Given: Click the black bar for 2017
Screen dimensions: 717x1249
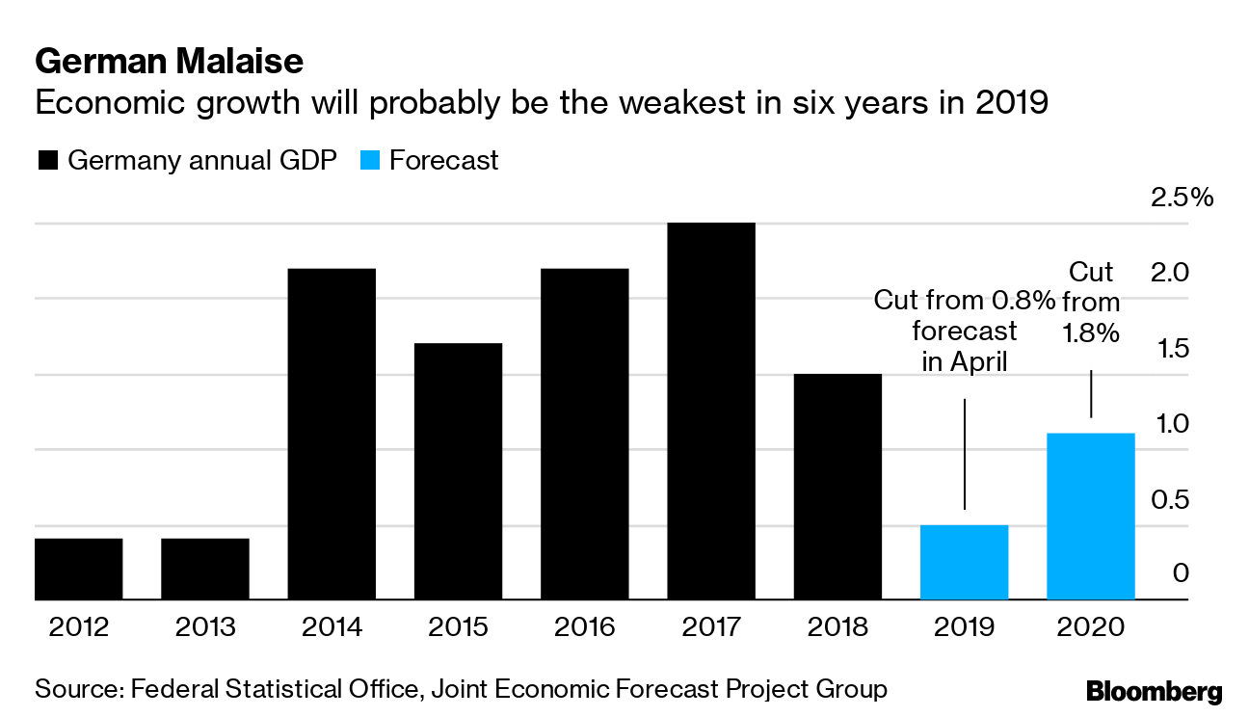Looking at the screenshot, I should pyautogui.click(x=711, y=412).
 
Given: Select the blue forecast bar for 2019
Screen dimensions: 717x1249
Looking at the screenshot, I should pyautogui.click(x=965, y=562).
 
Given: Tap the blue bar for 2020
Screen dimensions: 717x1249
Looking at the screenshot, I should pyautogui.click(x=1091, y=517).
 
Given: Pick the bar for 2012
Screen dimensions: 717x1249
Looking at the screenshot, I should pyautogui.click(x=78, y=569).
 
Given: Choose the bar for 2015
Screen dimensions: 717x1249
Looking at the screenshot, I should pyautogui.click(x=458, y=471).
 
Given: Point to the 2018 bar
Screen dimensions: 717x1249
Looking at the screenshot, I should pyautogui.click(x=837, y=487).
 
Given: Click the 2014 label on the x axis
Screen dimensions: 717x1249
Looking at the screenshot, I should pyautogui.click(x=332, y=627).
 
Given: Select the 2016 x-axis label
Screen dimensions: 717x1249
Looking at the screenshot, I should pyautogui.click(x=585, y=627).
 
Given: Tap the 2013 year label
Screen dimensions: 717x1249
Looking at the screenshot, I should pyautogui.click(x=205, y=627).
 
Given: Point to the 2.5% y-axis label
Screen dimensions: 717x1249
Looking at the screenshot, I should pyautogui.click(x=1181, y=199).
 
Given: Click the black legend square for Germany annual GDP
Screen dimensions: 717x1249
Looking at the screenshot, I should pyautogui.click(x=47, y=160).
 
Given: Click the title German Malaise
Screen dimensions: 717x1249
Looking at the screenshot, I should pyautogui.click(x=169, y=63).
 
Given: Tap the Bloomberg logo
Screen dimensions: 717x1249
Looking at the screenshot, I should pyautogui.click(x=1154, y=691).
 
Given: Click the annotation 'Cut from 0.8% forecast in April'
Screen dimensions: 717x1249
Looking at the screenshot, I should pyautogui.click(x=965, y=332).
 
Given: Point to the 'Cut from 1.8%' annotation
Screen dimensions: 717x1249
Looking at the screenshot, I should pyautogui.click(x=1091, y=303).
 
